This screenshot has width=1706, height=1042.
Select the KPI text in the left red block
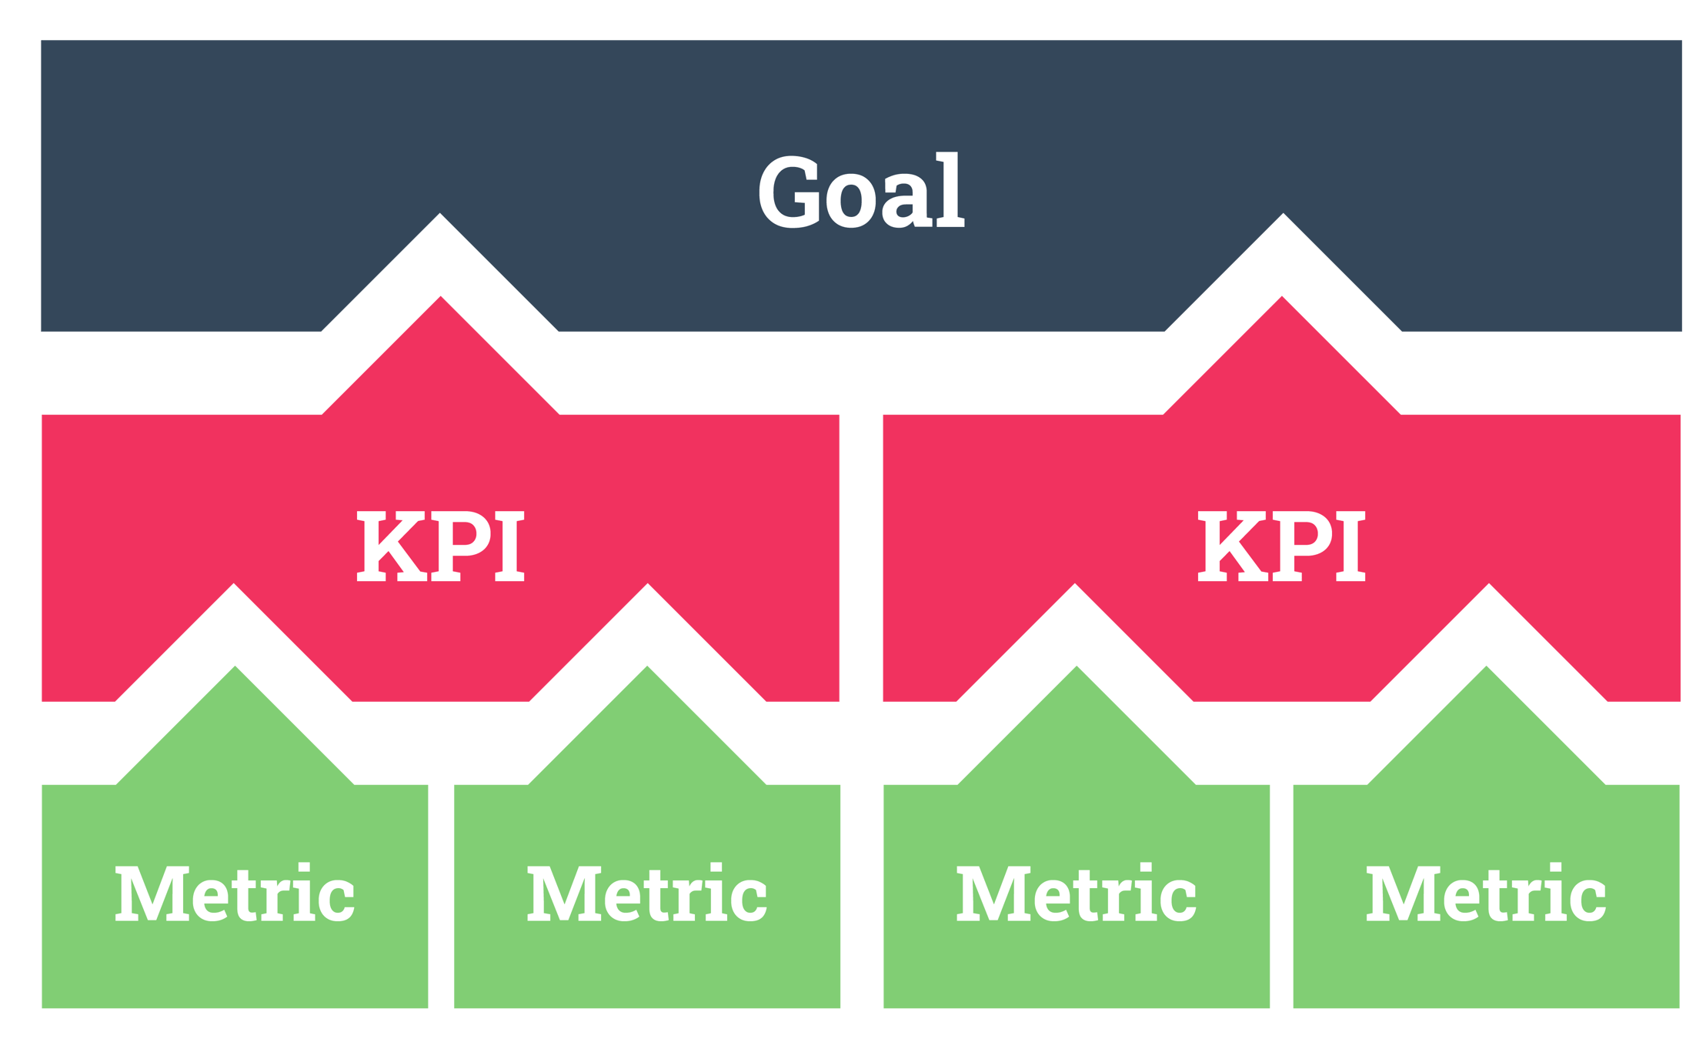440,547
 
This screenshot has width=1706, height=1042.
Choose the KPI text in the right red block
1281,547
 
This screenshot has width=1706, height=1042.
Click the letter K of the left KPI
389,547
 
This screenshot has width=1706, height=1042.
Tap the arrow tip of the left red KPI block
441,302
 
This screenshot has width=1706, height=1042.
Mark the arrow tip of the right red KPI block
1283,302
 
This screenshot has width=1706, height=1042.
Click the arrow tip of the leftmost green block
235,672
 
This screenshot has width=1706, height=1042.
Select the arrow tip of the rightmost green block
1487,672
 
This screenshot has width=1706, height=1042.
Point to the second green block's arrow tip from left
648,672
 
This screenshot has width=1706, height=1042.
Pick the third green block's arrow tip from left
1077,672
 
